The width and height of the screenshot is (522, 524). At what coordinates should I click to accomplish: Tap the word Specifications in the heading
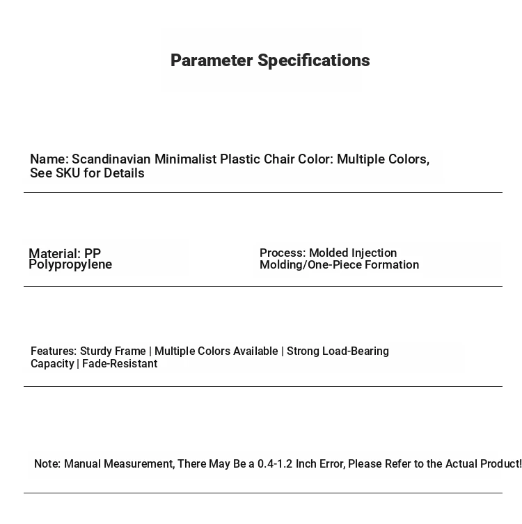tap(314, 61)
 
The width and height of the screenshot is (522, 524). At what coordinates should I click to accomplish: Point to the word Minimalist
tap(185, 159)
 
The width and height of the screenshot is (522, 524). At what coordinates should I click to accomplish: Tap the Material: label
tap(55, 254)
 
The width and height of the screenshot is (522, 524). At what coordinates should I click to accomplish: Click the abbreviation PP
tap(93, 254)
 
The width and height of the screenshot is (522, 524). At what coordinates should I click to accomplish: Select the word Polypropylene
tap(70, 264)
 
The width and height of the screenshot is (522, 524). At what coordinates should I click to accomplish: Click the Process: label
tap(283, 253)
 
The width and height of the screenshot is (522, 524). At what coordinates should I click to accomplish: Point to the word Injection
tap(374, 253)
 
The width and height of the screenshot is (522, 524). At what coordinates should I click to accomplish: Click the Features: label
tap(54, 351)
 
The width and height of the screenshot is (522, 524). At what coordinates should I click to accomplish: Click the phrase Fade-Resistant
tap(120, 364)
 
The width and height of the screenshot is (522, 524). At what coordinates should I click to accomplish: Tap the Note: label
tap(47, 464)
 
